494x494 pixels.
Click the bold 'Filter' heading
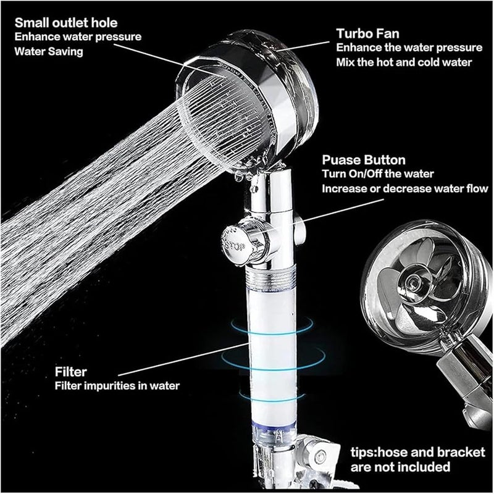coord(71,373)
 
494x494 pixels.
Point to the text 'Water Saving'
coord(48,52)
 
